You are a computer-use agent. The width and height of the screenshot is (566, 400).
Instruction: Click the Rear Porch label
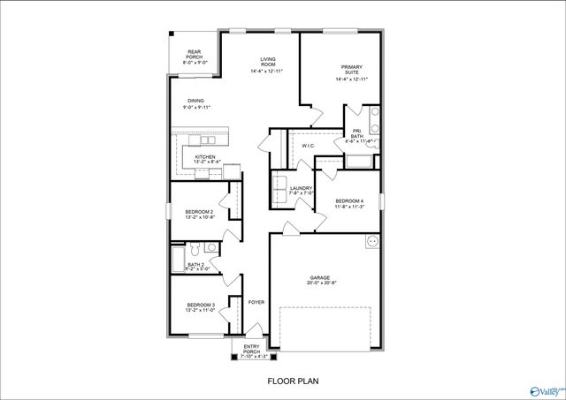(x=194, y=57)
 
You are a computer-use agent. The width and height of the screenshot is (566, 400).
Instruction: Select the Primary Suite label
(x=351, y=73)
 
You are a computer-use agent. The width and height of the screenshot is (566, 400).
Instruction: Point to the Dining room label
(x=194, y=104)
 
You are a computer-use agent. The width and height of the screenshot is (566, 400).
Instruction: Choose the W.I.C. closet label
(x=309, y=146)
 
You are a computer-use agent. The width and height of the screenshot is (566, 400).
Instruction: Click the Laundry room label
(x=302, y=190)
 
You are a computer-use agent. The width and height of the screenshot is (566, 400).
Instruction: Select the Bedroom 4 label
(x=348, y=206)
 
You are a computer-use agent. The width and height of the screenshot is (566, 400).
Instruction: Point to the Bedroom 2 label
(x=200, y=215)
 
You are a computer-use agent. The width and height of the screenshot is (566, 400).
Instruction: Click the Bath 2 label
(x=196, y=267)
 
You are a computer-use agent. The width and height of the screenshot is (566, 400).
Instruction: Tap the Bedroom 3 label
(x=200, y=308)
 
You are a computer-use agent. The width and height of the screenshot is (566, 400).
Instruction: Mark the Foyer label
(x=256, y=302)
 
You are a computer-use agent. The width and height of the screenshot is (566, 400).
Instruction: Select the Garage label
(x=319, y=280)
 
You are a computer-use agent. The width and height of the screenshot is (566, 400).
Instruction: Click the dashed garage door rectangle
(x=325, y=326)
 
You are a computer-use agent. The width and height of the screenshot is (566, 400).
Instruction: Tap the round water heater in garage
(x=372, y=241)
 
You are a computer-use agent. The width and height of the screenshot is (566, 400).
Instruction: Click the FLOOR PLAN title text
(x=293, y=381)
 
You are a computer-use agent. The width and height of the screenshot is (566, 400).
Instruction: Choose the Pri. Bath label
(x=357, y=134)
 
